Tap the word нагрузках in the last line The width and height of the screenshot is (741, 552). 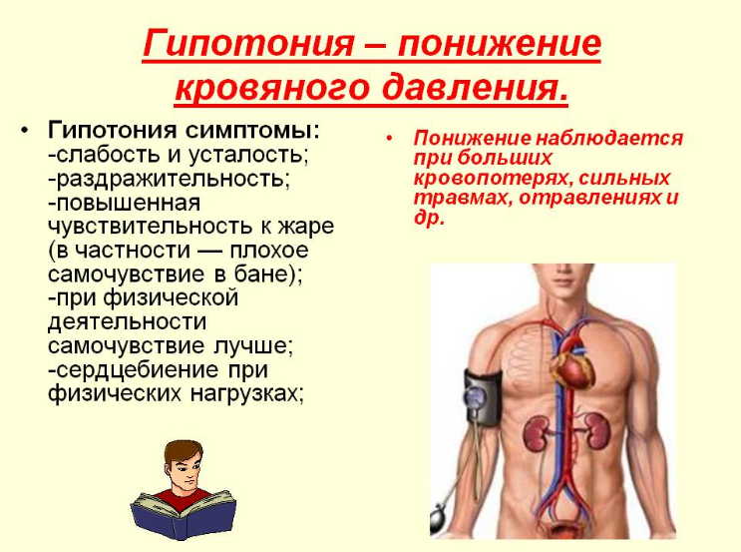(x=245, y=393)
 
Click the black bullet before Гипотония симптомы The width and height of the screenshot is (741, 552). (x=24, y=132)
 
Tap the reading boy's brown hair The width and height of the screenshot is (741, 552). (x=184, y=450)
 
